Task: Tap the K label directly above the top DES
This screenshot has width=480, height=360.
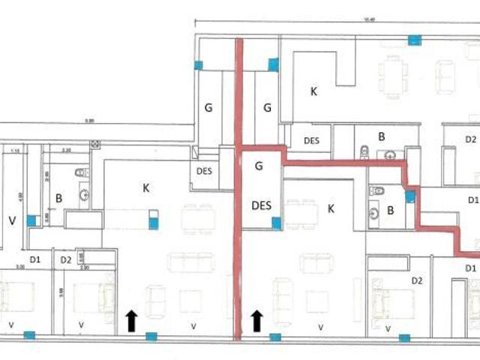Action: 314,91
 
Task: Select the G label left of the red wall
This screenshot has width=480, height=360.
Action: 209,107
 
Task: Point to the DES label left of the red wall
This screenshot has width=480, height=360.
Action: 204,170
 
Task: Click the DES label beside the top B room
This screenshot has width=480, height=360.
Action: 311,140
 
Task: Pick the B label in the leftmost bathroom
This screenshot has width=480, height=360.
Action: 58,199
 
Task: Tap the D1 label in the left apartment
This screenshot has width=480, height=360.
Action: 35,259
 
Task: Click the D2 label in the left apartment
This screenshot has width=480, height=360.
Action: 66,259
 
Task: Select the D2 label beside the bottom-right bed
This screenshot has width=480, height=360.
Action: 418,280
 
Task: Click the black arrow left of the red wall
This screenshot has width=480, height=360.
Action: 131,321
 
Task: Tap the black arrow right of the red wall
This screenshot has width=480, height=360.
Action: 256,321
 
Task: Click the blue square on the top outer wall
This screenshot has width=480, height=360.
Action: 413,40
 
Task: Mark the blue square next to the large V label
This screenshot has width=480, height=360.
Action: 31,220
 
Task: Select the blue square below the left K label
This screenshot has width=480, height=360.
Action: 153,220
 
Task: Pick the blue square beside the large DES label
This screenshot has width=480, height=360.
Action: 277,222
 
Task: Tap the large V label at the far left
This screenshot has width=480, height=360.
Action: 11,220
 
